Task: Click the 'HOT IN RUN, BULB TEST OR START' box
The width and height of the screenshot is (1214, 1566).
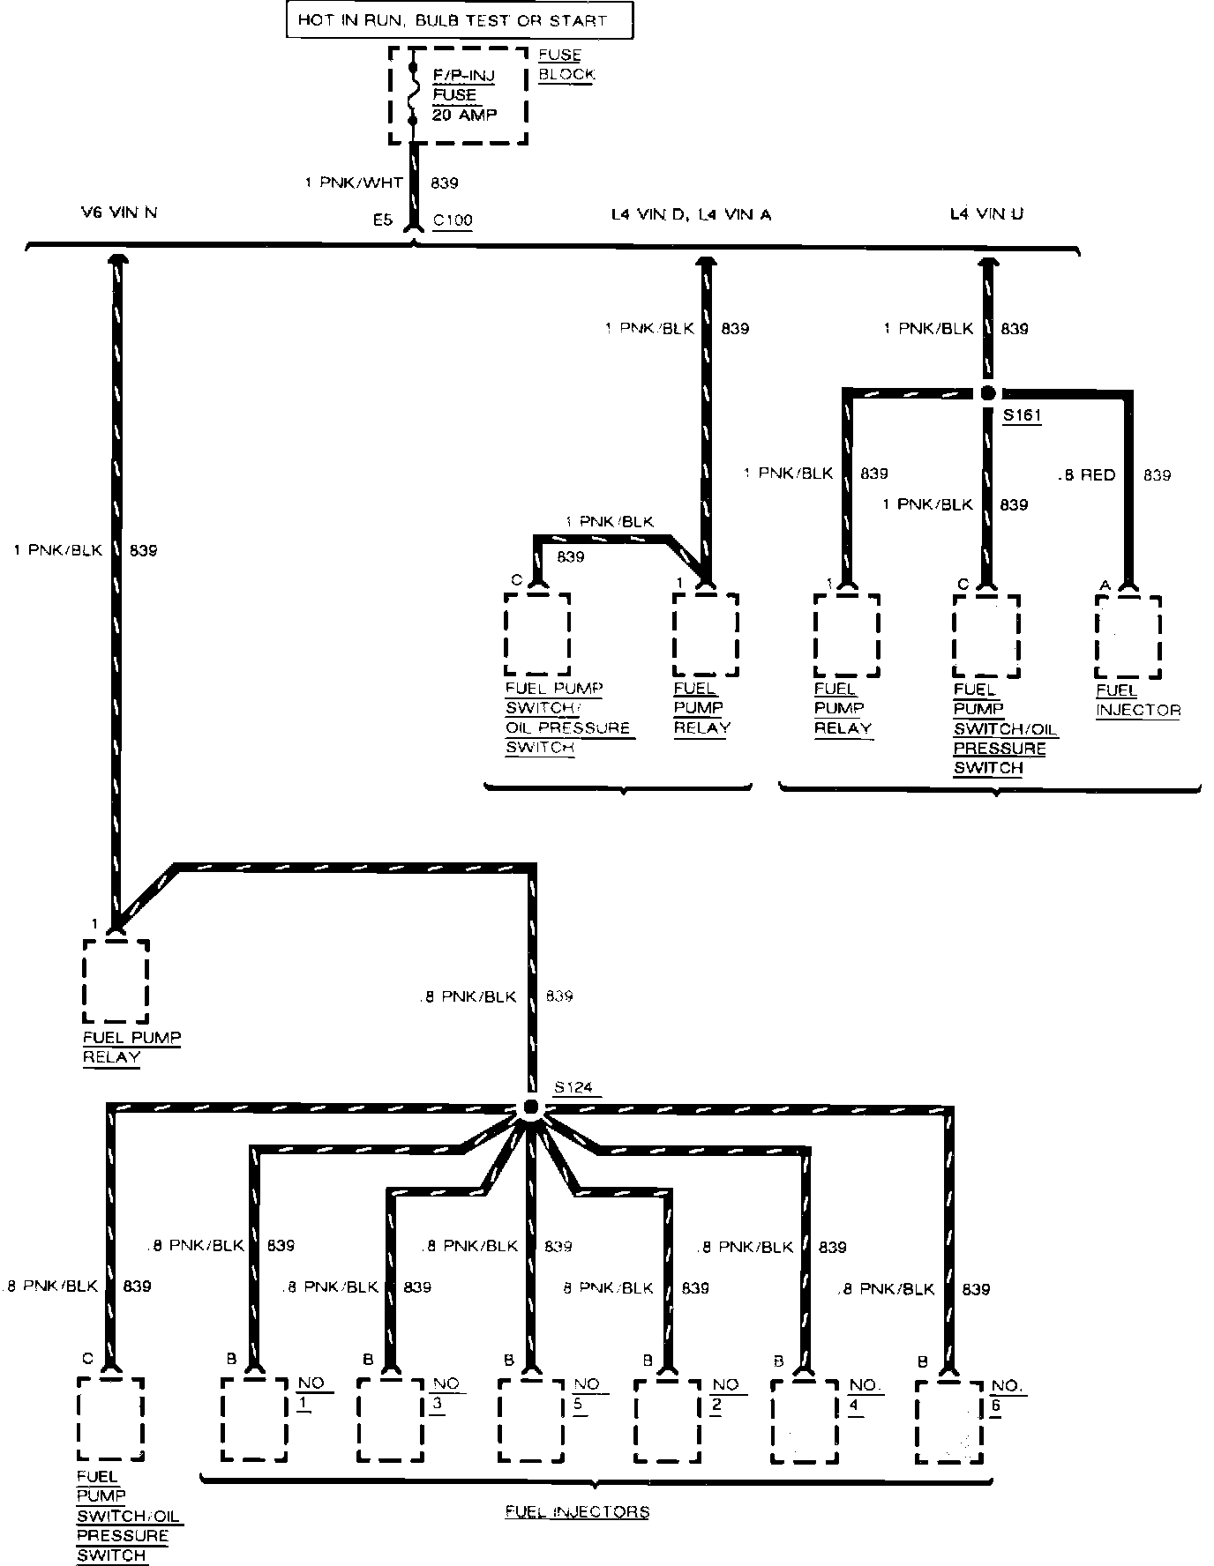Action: [x=459, y=20]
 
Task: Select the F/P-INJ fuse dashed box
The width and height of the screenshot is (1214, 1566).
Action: [x=459, y=94]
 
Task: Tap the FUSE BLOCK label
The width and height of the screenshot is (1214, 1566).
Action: [x=566, y=64]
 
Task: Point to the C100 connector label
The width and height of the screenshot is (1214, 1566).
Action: [x=452, y=220]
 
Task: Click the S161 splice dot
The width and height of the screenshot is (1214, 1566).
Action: [x=988, y=393]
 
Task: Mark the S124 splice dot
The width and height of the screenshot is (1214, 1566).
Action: [x=531, y=1107]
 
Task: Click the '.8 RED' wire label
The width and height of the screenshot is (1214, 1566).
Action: [x=1086, y=475]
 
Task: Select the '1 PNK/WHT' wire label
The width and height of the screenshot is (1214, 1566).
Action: [x=353, y=183]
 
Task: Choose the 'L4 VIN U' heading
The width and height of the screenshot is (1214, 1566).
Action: [x=986, y=213]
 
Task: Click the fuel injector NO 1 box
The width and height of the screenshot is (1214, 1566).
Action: [x=254, y=1419]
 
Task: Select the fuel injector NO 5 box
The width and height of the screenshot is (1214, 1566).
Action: [x=531, y=1420]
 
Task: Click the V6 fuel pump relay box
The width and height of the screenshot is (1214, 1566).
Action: [x=116, y=981]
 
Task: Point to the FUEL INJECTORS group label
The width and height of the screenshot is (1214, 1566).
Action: [x=577, y=1511]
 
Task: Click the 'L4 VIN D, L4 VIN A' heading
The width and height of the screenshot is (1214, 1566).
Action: [x=692, y=214]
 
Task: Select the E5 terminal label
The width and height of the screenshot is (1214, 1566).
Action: [x=381, y=220]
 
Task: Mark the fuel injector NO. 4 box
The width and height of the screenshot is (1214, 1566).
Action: [x=805, y=1420]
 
